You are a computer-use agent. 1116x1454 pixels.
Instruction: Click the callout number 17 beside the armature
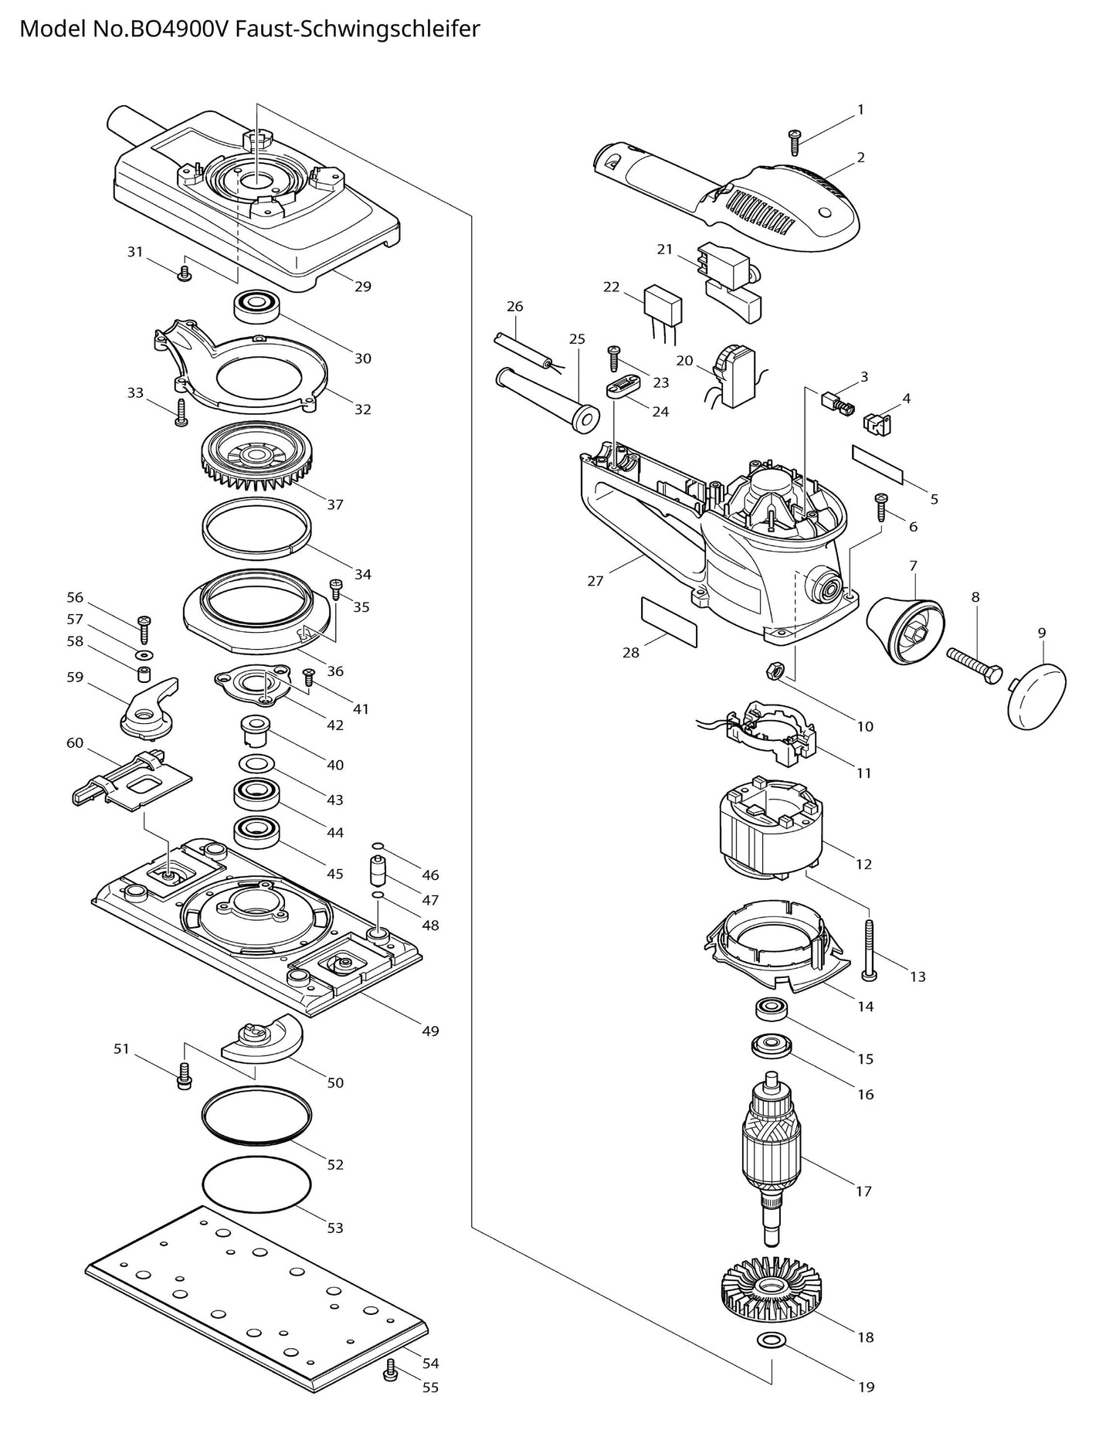tap(863, 1191)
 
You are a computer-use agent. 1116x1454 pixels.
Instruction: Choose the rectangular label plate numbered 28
tap(669, 620)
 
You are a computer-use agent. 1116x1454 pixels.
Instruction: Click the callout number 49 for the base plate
tap(430, 1031)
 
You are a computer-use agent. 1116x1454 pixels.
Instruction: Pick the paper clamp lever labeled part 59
tap(150, 705)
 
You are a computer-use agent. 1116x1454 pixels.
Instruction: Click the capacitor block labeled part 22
tap(663, 305)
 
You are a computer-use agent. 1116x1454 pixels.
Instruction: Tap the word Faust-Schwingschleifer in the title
tap(357, 29)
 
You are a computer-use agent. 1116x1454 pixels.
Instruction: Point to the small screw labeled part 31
tap(184, 273)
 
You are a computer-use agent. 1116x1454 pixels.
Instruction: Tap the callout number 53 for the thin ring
tap(334, 1227)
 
